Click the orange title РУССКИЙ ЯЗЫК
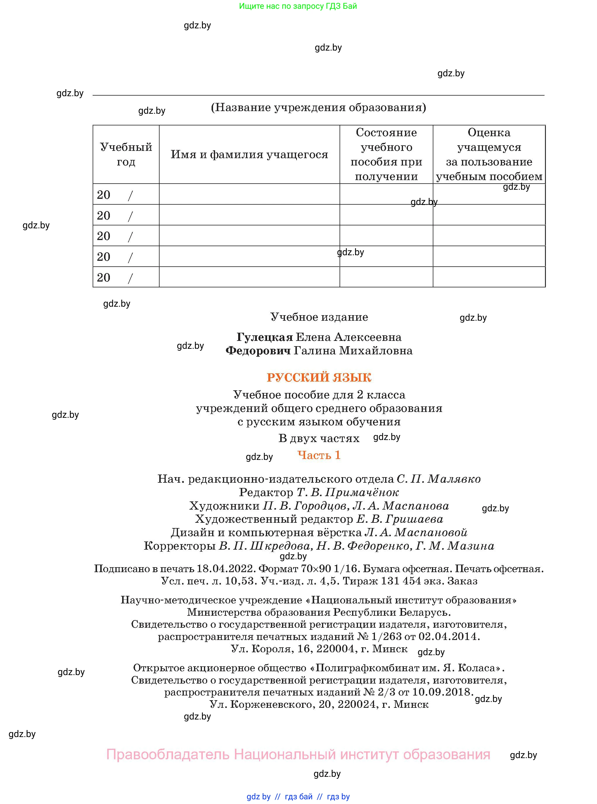tap(319, 377)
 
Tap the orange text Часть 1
tap(319, 455)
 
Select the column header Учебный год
tap(126, 154)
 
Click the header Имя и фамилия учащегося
tap(249, 155)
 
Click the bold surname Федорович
tap(258, 350)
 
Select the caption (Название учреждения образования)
tap(319, 107)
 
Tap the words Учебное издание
tap(319, 317)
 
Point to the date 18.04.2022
tap(226, 569)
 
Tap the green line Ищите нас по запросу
tap(298, 6)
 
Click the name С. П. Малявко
tap(438, 479)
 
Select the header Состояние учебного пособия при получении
tap(386, 154)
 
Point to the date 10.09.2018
tap(442, 692)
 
